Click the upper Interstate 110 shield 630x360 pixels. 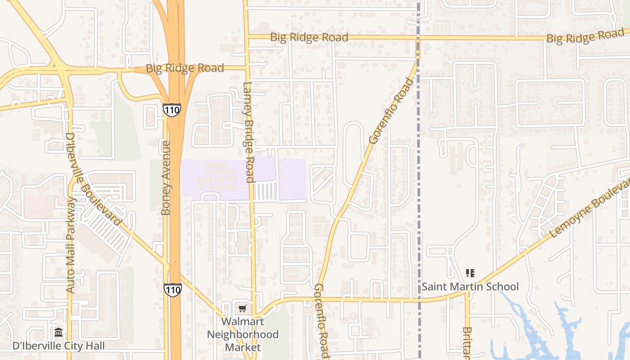[x=172, y=110]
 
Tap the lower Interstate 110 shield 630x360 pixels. [x=172, y=289]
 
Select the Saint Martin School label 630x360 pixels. [x=470, y=287]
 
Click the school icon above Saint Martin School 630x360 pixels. [x=470, y=273]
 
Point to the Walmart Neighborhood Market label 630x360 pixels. [x=243, y=334]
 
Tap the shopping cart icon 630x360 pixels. [x=243, y=309]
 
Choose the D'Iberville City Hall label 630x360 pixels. [x=58, y=346]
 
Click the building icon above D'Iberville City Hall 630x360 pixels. [x=58, y=333]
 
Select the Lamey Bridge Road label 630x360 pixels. [x=249, y=132]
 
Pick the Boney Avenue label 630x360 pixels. [x=166, y=178]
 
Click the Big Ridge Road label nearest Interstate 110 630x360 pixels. [x=184, y=68]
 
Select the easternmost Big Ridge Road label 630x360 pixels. [x=585, y=36]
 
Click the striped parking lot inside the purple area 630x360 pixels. [x=265, y=191]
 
